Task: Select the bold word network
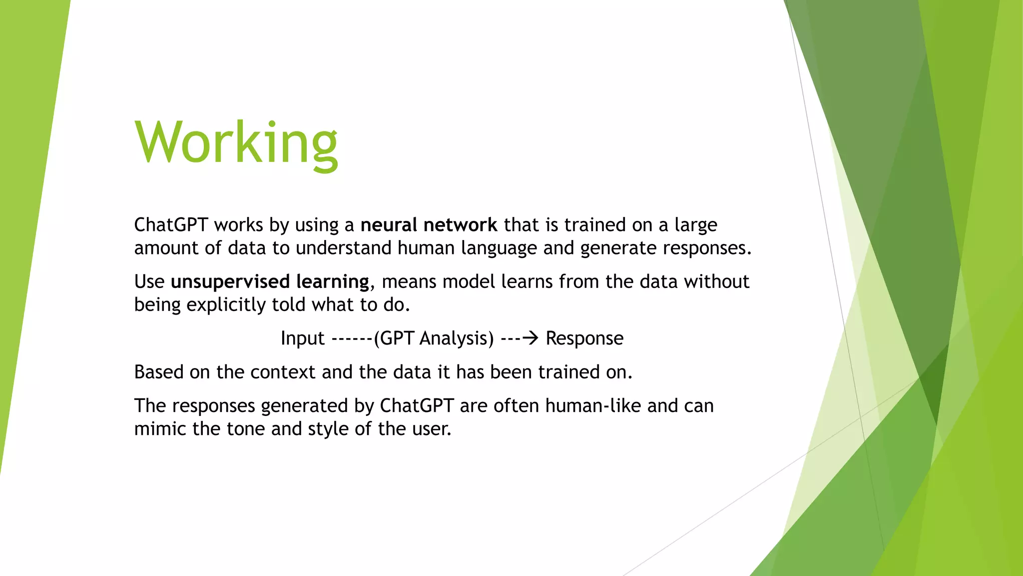(460, 225)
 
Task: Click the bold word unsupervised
(230, 282)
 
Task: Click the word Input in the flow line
(302, 338)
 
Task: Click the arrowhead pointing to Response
(532, 338)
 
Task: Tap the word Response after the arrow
(584, 338)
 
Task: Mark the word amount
(166, 248)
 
